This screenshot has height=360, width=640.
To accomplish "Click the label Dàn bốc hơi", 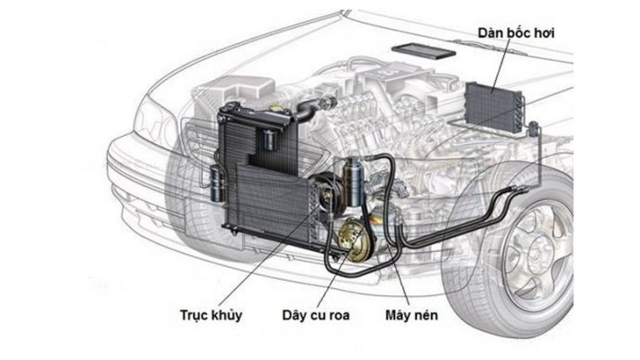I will pyautogui.click(x=517, y=33).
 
